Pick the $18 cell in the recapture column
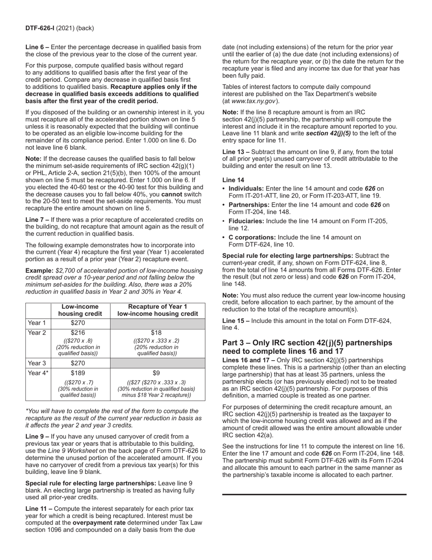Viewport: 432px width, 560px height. [158, 333]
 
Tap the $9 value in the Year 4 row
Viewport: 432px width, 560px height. [158, 373]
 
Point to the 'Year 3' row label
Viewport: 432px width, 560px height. [37, 363]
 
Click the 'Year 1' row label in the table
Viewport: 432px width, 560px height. [37, 323]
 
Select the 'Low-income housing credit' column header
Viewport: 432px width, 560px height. [80, 310]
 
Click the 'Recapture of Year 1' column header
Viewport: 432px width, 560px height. [158, 306]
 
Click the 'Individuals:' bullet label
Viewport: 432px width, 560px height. [246, 188]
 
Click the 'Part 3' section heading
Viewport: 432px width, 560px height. [307, 347]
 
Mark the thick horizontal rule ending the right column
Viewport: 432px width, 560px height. [314, 494]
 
